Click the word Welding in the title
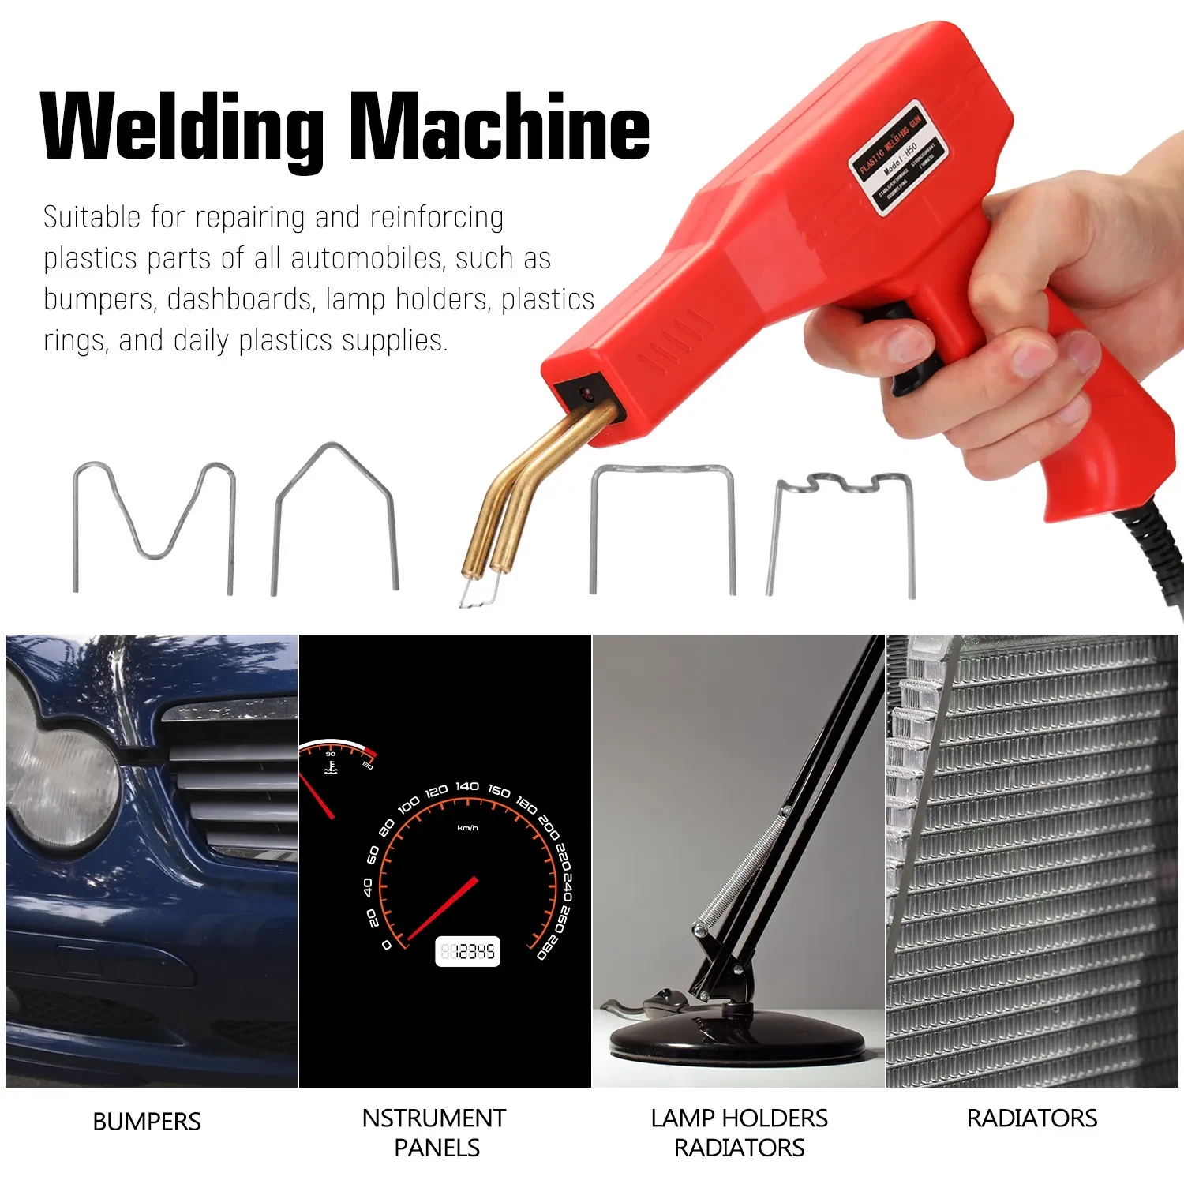(x=182, y=126)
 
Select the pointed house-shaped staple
(x=335, y=513)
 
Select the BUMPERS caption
(x=147, y=1122)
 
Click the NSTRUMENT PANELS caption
(x=434, y=1133)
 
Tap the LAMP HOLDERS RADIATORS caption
(x=739, y=1133)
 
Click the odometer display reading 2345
(x=468, y=952)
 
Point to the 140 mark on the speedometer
(x=467, y=786)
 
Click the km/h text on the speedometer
(x=467, y=828)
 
